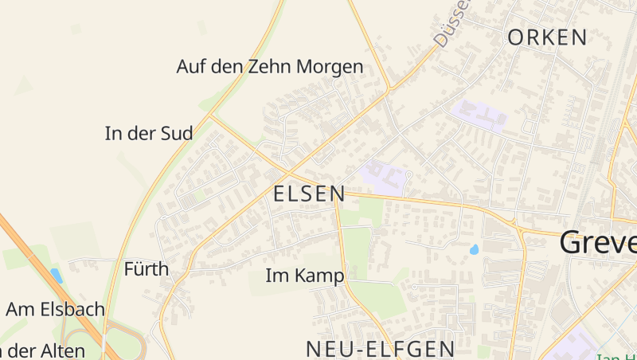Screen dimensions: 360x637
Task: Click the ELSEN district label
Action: pyautogui.click(x=309, y=194)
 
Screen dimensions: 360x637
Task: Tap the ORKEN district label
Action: pyautogui.click(x=547, y=37)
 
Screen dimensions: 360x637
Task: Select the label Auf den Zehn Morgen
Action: pyautogui.click(x=269, y=67)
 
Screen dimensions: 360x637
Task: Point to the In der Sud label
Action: pyautogui.click(x=149, y=134)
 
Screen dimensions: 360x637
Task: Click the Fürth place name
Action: pyautogui.click(x=147, y=269)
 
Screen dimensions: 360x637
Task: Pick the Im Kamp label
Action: pyautogui.click(x=304, y=276)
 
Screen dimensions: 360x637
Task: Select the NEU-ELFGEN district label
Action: pyautogui.click(x=381, y=348)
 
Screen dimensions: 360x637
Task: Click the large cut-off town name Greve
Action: pyautogui.click(x=598, y=242)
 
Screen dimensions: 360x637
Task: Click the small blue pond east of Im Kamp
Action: pyautogui.click(x=475, y=249)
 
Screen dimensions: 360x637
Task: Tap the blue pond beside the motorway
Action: pyautogui.click(x=56, y=276)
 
